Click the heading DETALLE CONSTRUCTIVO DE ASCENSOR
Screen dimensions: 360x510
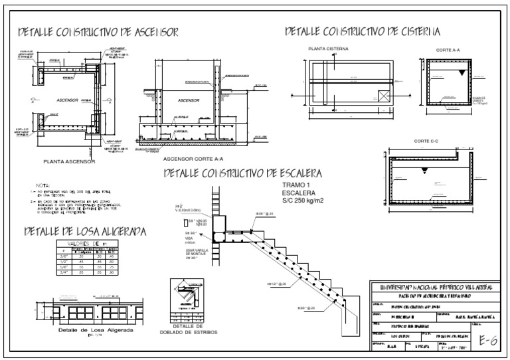pyautogui.click(x=98, y=32)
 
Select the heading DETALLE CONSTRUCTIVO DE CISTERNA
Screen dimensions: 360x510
pyautogui.click(x=363, y=31)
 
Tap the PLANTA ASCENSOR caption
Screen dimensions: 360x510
pyautogui.click(x=70, y=161)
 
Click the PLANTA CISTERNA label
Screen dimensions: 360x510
pyautogui.click(x=328, y=49)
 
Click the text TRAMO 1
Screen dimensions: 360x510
pyautogui.click(x=296, y=184)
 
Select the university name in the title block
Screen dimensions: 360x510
pyautogui.click(x=434, y=287)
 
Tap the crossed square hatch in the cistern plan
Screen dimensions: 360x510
pyautogui.click(x=383, y=96)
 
